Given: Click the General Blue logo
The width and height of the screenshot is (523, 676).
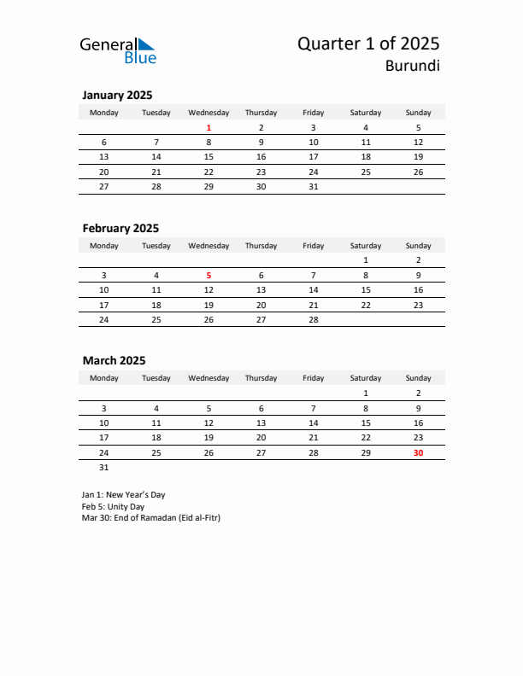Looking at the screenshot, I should (x=118, y=50).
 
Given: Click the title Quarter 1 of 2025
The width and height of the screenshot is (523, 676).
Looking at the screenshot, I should (x=368, y=44).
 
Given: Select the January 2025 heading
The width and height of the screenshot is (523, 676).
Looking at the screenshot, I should (x=117, y=96).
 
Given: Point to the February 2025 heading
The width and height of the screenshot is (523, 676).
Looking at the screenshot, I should (x=120, y=229).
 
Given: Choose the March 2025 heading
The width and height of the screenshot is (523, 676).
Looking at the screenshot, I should (x=114, y=361).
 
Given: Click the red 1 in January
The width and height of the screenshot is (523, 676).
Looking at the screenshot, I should (x=209, y=128).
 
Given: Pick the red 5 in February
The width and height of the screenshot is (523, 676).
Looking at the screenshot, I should (x=209, y=276).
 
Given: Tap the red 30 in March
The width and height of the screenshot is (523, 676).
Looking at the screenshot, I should (x=418, y=453).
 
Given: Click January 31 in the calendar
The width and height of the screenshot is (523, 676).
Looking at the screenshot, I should (x=314, y=186).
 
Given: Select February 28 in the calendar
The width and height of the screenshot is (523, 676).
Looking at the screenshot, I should (x=314, y=319).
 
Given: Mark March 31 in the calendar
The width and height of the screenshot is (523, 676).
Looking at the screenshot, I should (x=104, y=468).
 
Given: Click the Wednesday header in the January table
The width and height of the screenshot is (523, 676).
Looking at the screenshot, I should (x=209, y=113).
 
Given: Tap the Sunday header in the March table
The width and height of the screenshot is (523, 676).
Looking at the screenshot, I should (x=418, y=378).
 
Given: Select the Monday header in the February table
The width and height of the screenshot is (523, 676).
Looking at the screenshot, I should (x=104, y=246).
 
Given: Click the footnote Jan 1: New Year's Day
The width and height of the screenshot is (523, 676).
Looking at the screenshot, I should (x=123, y=495).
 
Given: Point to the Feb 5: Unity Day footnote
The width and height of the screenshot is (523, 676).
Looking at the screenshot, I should (x=113, y=506).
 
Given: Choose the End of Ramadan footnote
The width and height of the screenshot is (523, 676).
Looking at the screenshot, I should (x=150, y=518).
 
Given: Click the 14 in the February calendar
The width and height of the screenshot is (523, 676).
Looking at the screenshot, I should (x=314, y=290).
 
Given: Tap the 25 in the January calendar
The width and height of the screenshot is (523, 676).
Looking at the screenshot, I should (x=366, y=172).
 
